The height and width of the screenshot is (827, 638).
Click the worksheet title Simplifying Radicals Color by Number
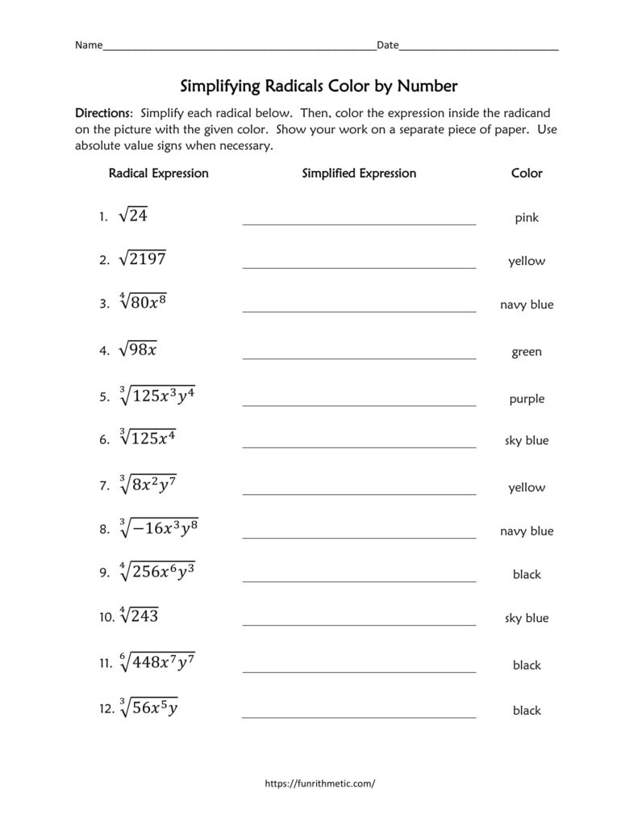coord(318,86)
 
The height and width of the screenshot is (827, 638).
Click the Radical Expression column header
coord(158,173)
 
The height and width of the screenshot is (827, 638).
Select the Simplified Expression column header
coord(359,173)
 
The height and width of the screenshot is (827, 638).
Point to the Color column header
coord(527,173)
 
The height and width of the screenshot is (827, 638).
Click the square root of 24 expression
coord(133,216)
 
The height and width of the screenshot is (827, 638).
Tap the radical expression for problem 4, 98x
coord(138,350)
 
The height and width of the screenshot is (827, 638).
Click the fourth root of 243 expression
coord(139,616)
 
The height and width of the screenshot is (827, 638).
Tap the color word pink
coord(527,218)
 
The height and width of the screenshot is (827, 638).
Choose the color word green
coord(527,352)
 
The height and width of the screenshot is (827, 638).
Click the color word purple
coord(527,399)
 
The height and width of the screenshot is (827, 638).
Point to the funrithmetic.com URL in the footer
coord(319,783)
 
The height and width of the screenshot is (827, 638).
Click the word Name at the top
coord(89,45)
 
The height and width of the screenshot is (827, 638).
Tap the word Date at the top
coord(387,45)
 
